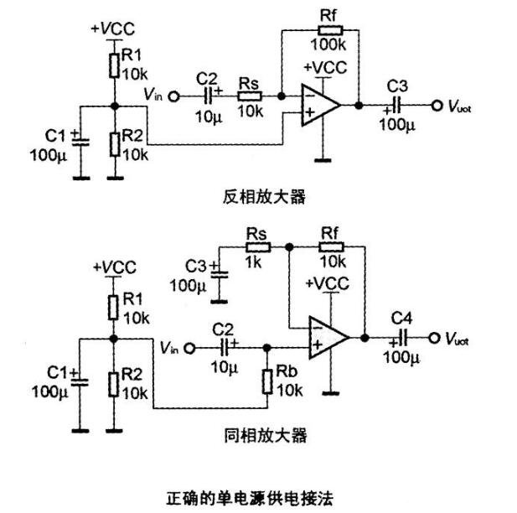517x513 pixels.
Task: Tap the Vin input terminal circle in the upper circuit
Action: point(174,96)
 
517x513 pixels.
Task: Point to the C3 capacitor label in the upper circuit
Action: point(398,86)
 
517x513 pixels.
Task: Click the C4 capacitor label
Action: point(404,318)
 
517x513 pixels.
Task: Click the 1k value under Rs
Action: point(256,263)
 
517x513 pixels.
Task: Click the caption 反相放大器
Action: point(253,197)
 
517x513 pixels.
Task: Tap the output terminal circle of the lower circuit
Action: point(435,338)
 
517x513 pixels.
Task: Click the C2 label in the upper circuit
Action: point(206,79)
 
